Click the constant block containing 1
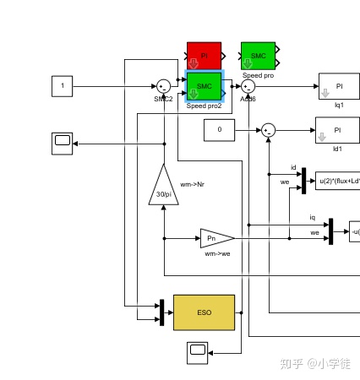pyautogui.click(x=62, y=85)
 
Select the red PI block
pyautogui.click(x=204, y=56)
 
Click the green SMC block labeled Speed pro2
pyautogui.click(x=204, y=85)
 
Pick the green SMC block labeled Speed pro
pyautogui.click(x=258, y=56)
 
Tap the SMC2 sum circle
pyautogui.click(x=163, y=85)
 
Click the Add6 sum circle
pyautogui.click(x=248, y=85)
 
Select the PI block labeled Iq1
pyautogui.click(x=339, y=85)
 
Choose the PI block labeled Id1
pyautogui.click(x=339, y=130)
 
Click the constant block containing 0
pyautogui.click(x=220, y=130)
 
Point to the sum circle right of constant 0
pyautogui.click(x=268, y=130)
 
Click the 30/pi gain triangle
pyautogui.click(x=164, y=187)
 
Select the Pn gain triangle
pyautogui.click(x=215, y=238)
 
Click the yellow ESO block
pyautogui.click(x=204, y=312)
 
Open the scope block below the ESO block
pyautogui.click(x=197, y=351)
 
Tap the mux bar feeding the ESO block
pyautogui.click(x=161, y=312)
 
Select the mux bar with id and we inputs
pyautogui.click(x=303, y=180)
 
